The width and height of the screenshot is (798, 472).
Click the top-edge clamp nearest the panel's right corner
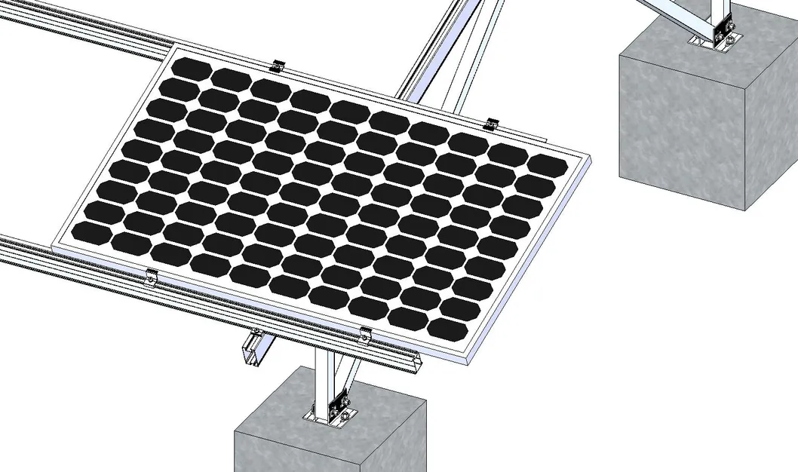492,123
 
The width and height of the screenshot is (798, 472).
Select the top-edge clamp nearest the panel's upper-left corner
278,66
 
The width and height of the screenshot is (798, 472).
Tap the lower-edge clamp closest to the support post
366,333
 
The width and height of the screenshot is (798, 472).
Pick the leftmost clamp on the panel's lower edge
152,277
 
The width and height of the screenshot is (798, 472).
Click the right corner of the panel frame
588,156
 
